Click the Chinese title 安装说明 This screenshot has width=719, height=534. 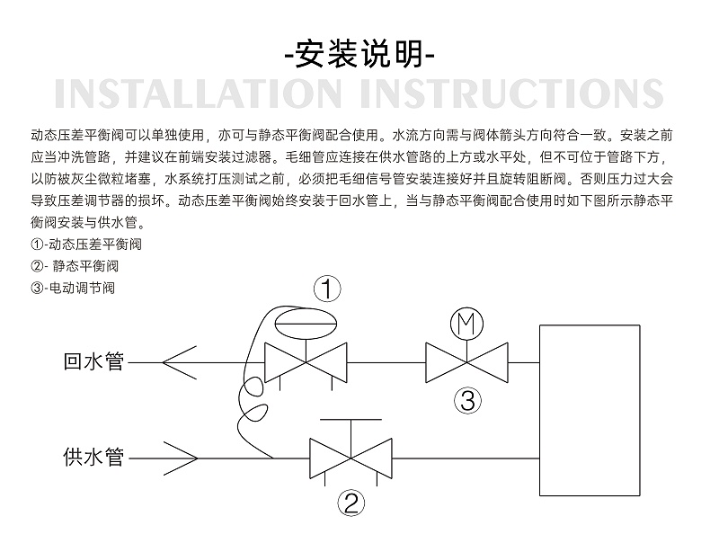pyautogui.click(x=359, y=56)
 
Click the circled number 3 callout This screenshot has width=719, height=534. pyautogui.click(x=466, y=400)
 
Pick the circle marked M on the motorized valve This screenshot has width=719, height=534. pyautogui.click(x=466, y=325)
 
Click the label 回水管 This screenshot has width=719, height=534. pyautogui.click(x=93, y=362)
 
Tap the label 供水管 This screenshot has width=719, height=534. pyautogui.click(x=93, y=458)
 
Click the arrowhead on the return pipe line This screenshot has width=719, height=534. pyautogui.click(x=180, y=363)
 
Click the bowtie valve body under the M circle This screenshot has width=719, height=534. pyautogui.click(x=466, y=363)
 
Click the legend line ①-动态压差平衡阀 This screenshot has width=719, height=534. pyautogui.click(x=87, y=245)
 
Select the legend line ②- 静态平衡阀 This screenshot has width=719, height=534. pyautogui.click(x=75, y=266)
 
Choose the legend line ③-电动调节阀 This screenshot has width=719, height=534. pyautogui.click(x=73, y=288)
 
